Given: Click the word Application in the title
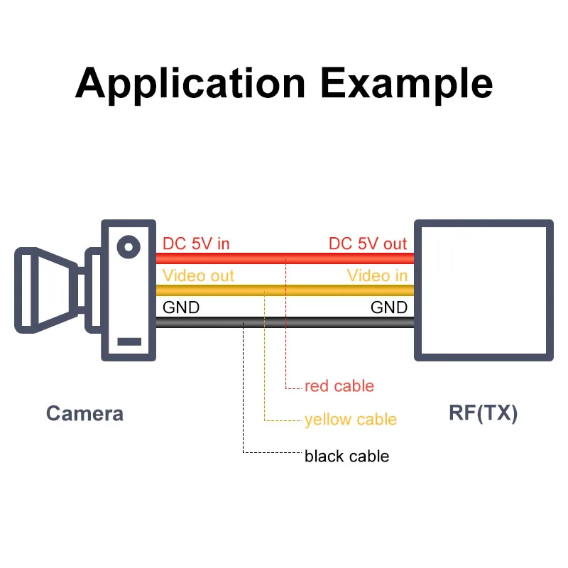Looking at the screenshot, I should click(190, 84).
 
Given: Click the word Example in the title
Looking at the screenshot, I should click(406, 84).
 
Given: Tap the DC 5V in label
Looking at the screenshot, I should click(197, 244).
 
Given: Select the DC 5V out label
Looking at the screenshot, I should click(368, 244).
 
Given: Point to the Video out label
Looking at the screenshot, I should click(198, 275).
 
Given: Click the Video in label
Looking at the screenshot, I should click(377, 275).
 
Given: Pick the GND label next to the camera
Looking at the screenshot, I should click(181, 307).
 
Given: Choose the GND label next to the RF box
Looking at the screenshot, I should click(389, 307).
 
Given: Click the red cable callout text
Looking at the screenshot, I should click(339, 386).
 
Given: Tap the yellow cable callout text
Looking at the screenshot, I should click(350, 420).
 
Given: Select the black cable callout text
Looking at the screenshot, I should click(346, 455).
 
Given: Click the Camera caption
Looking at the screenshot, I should click(84, 413).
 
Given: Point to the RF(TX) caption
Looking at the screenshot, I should click(484, 413).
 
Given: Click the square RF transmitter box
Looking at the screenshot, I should click(484, 291).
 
